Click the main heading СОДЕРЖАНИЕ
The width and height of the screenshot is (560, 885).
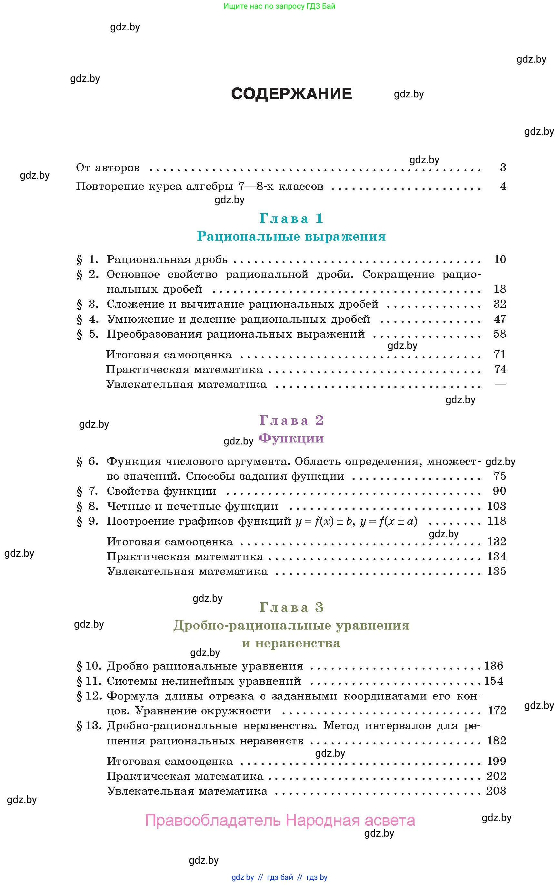pyautogui.click(x=291, y=94)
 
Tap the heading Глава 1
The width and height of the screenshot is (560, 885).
pyautogui.click(x=291, y=218)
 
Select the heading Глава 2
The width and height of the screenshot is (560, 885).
pyautogui.click(x=291, y=420)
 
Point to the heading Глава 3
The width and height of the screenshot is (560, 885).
pyautogui.click(x=291, y=607)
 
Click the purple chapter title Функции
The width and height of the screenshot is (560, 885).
pyautogui.click(x=291, y=438)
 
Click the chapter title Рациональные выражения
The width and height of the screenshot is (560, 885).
pyautogui.click(x=291, y=236)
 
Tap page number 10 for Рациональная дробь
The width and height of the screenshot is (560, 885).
pyautogui.click(x=500, y=260)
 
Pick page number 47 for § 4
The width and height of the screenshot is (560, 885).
pyautogui.click(x=500, y=319)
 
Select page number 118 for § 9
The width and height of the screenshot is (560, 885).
pyautogui.click(x=496, y=521)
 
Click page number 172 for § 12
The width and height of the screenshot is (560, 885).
pyautogui.click(x=497, y=711)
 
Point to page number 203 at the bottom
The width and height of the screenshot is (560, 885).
pyautogui.click(x=496, y=791)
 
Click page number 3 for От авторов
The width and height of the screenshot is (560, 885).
pyautogui.click(x=503, y=168)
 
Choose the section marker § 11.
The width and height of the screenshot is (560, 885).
pyautogui.click(x=89, y=681)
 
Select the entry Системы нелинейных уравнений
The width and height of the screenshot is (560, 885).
pyautogui.click(x=204, y=681)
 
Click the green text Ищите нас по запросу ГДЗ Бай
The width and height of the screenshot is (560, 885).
pyautogui.click(x=279, y=6)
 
